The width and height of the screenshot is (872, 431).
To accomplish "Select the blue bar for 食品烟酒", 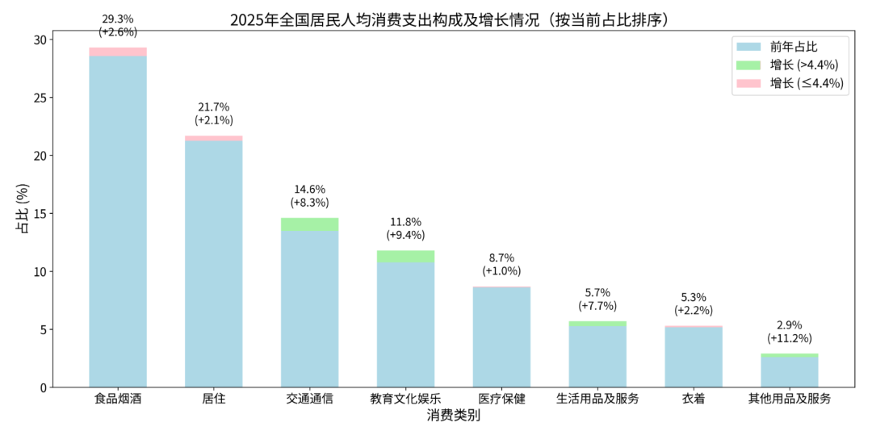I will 118,222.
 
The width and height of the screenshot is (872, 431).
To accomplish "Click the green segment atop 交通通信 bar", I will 309,224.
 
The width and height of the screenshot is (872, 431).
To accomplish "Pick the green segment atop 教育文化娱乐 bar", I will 405,257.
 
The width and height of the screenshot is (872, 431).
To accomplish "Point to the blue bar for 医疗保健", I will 501,337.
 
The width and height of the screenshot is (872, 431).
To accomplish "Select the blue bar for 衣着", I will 694,357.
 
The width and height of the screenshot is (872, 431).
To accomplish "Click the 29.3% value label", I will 118,18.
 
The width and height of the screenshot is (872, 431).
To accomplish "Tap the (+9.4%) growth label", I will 405,236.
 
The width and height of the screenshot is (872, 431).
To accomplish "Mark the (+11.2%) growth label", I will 790,339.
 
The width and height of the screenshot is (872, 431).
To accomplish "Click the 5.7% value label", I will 597,292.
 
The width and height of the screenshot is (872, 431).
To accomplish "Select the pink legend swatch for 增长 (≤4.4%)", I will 748,83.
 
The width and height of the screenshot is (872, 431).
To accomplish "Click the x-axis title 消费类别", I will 453,416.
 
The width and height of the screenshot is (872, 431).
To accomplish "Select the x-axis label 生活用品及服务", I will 597,399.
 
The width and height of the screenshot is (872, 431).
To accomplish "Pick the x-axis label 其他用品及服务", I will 790,399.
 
